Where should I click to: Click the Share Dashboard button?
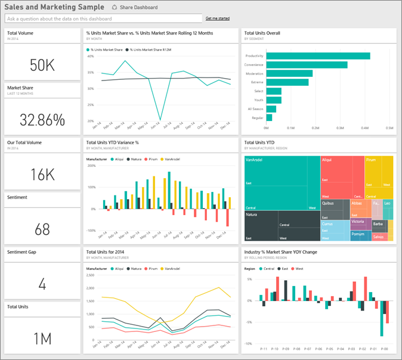(135, 8)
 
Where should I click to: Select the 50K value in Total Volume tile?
(42, 65)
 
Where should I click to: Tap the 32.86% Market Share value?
(42, 120)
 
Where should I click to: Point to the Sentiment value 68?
(42, 229)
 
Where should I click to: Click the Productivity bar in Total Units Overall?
(318, 56)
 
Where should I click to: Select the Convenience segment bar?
(307, 65)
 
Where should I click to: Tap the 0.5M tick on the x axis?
(389, 128)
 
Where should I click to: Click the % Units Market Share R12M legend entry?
(152, 49)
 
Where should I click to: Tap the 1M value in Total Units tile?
(42, 339)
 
